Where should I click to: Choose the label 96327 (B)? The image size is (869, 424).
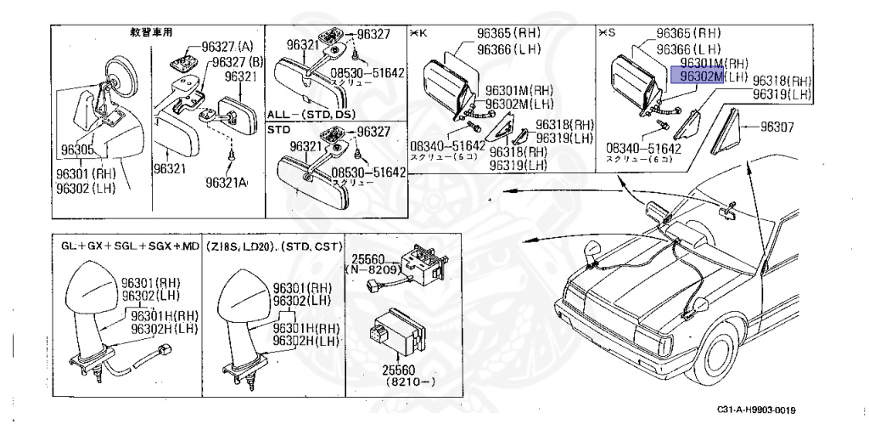(x=238, y=61)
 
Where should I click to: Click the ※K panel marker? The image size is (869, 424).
(x=418, y=33)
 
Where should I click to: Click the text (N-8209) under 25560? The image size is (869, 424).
(x=372, y=269)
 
